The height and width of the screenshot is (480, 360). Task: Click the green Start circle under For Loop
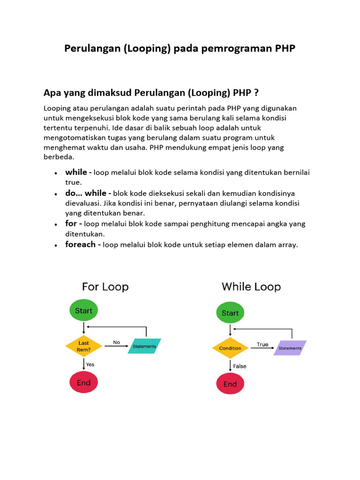click(x=83, y=310)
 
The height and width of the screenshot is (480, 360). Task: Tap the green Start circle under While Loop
click(x=230, y=313)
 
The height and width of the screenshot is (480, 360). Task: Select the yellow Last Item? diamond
click(x=84, y=346)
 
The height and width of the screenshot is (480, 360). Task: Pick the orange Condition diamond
click(x=230, y=348)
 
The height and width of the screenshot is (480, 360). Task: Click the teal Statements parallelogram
click(x=144, y=346)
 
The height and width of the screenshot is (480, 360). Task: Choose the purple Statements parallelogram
click(x=290, y=348)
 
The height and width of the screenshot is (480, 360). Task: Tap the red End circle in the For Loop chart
click(x=83, y=382)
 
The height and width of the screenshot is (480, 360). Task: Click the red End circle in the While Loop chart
click(x=230, y=384)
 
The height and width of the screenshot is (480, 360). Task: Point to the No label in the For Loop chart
click(x=116, y=342)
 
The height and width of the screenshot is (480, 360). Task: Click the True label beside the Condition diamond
click(x=262, y=345)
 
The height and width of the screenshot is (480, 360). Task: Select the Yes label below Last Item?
click(x=90, y=364)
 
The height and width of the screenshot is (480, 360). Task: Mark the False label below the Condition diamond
click(x=240, y=366)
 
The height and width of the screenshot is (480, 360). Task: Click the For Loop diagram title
click(x=105, y=286)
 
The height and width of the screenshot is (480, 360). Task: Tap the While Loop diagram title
click(x=251, y=286)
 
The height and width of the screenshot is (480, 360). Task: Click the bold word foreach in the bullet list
click(x=80, y=244)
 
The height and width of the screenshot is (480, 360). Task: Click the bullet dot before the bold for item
click(x=56, y=225)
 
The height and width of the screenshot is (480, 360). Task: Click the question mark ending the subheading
click(x=256, y=91)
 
